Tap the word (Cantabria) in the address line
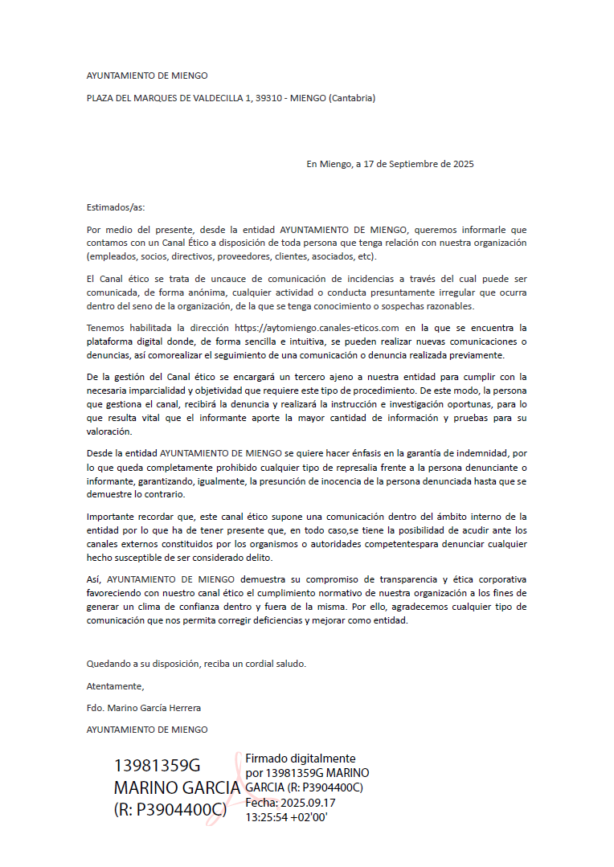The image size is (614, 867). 351,98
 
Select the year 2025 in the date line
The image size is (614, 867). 464,164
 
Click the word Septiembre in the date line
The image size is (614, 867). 408,164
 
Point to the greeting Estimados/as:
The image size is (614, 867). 116,207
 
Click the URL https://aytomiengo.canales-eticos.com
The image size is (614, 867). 317,328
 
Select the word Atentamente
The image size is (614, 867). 115,686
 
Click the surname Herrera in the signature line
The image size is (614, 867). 184,708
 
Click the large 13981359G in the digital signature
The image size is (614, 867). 157,765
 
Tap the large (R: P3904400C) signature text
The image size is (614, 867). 170,810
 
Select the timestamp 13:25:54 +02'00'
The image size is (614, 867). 286,817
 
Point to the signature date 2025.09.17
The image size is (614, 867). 306,803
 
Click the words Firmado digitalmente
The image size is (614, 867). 300,759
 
